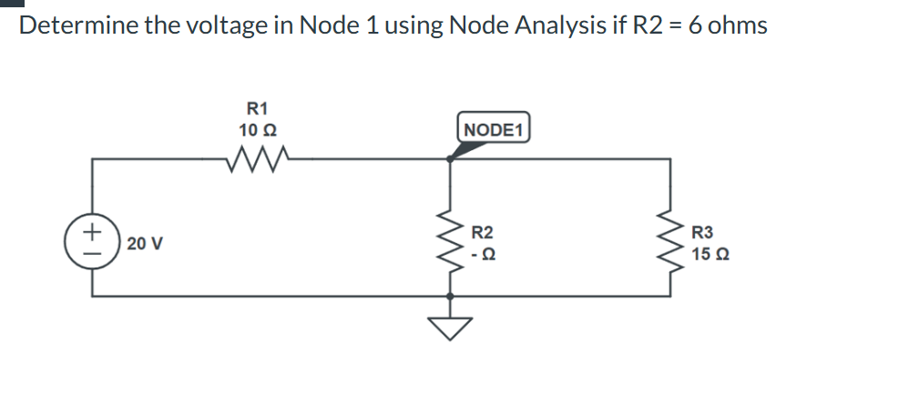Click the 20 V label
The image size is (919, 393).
tap(146, 244)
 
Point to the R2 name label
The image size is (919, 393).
tap(483, 232)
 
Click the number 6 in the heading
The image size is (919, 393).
tap(694, 25)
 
